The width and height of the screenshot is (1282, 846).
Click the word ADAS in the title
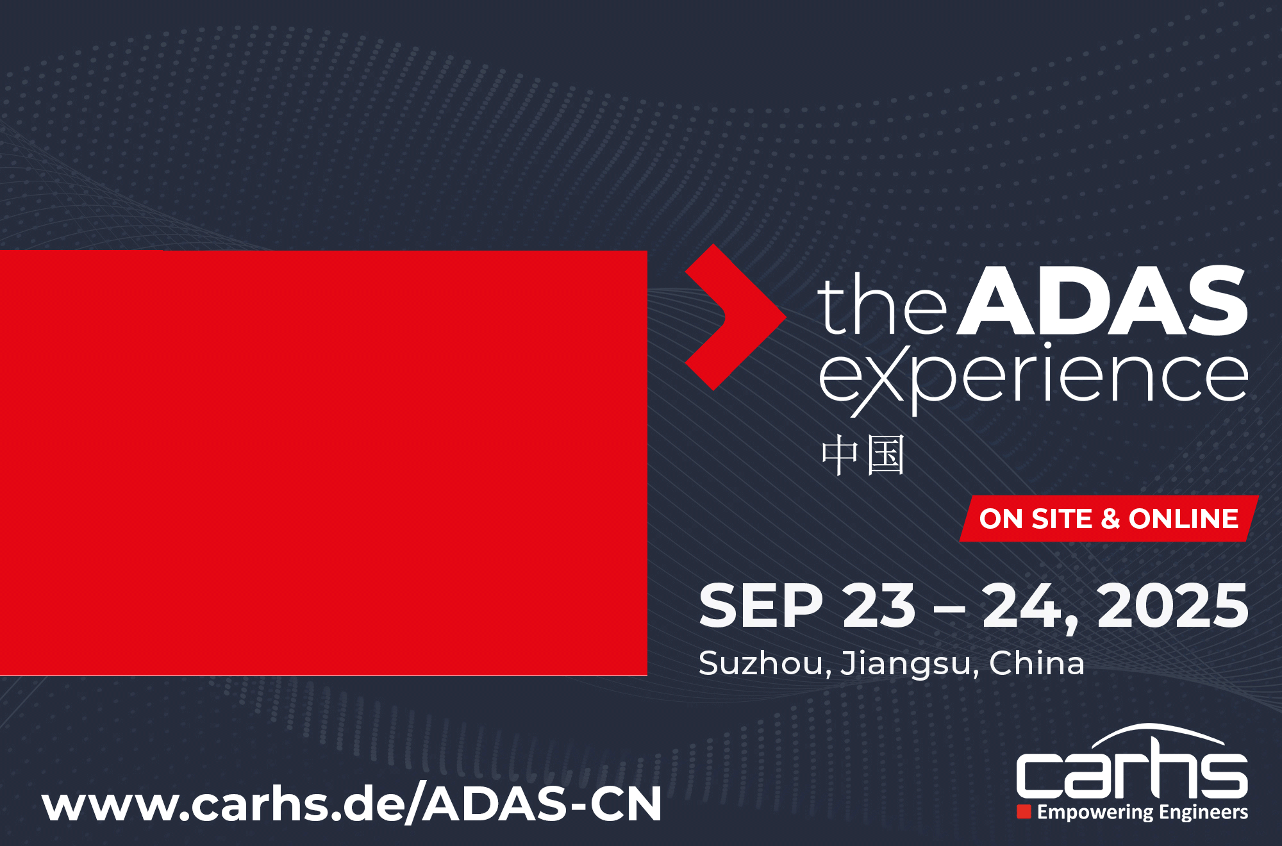1103,301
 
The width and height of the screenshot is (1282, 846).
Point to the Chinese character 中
840,456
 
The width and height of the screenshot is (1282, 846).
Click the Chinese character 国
886,456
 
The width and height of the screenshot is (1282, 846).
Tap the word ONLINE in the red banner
1183,518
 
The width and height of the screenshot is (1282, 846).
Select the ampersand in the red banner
1110,518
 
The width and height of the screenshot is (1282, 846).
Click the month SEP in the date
761,606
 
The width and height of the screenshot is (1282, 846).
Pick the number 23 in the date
879,606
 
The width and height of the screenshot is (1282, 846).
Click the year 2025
1172,606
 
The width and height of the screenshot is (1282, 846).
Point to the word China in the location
1036,663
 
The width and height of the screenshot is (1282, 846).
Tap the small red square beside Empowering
1024,812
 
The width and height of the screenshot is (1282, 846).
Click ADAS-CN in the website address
542,804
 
